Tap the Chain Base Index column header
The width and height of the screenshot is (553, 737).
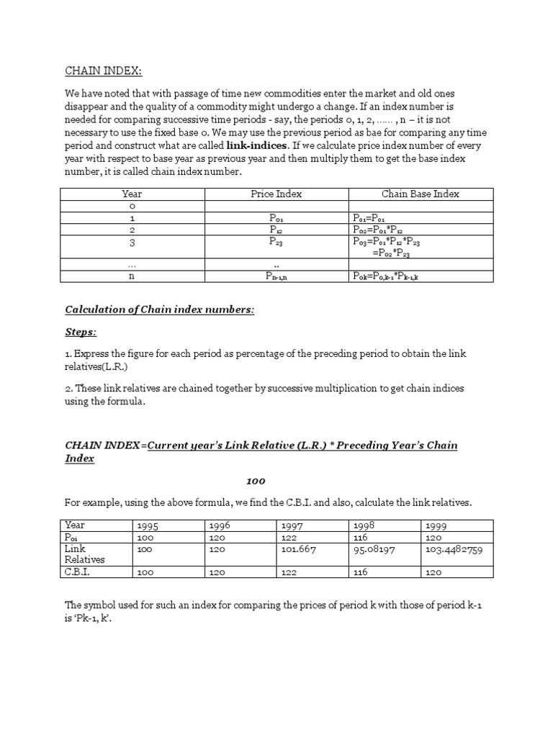421,194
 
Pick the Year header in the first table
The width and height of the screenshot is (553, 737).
132,194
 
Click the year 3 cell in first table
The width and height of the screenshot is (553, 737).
132,243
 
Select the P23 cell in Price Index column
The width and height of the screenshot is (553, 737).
276,243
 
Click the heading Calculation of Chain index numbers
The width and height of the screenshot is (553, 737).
160,309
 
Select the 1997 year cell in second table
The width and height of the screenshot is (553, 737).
292,526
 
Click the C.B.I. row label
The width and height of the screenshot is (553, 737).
78,572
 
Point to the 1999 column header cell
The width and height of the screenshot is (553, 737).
437,526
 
